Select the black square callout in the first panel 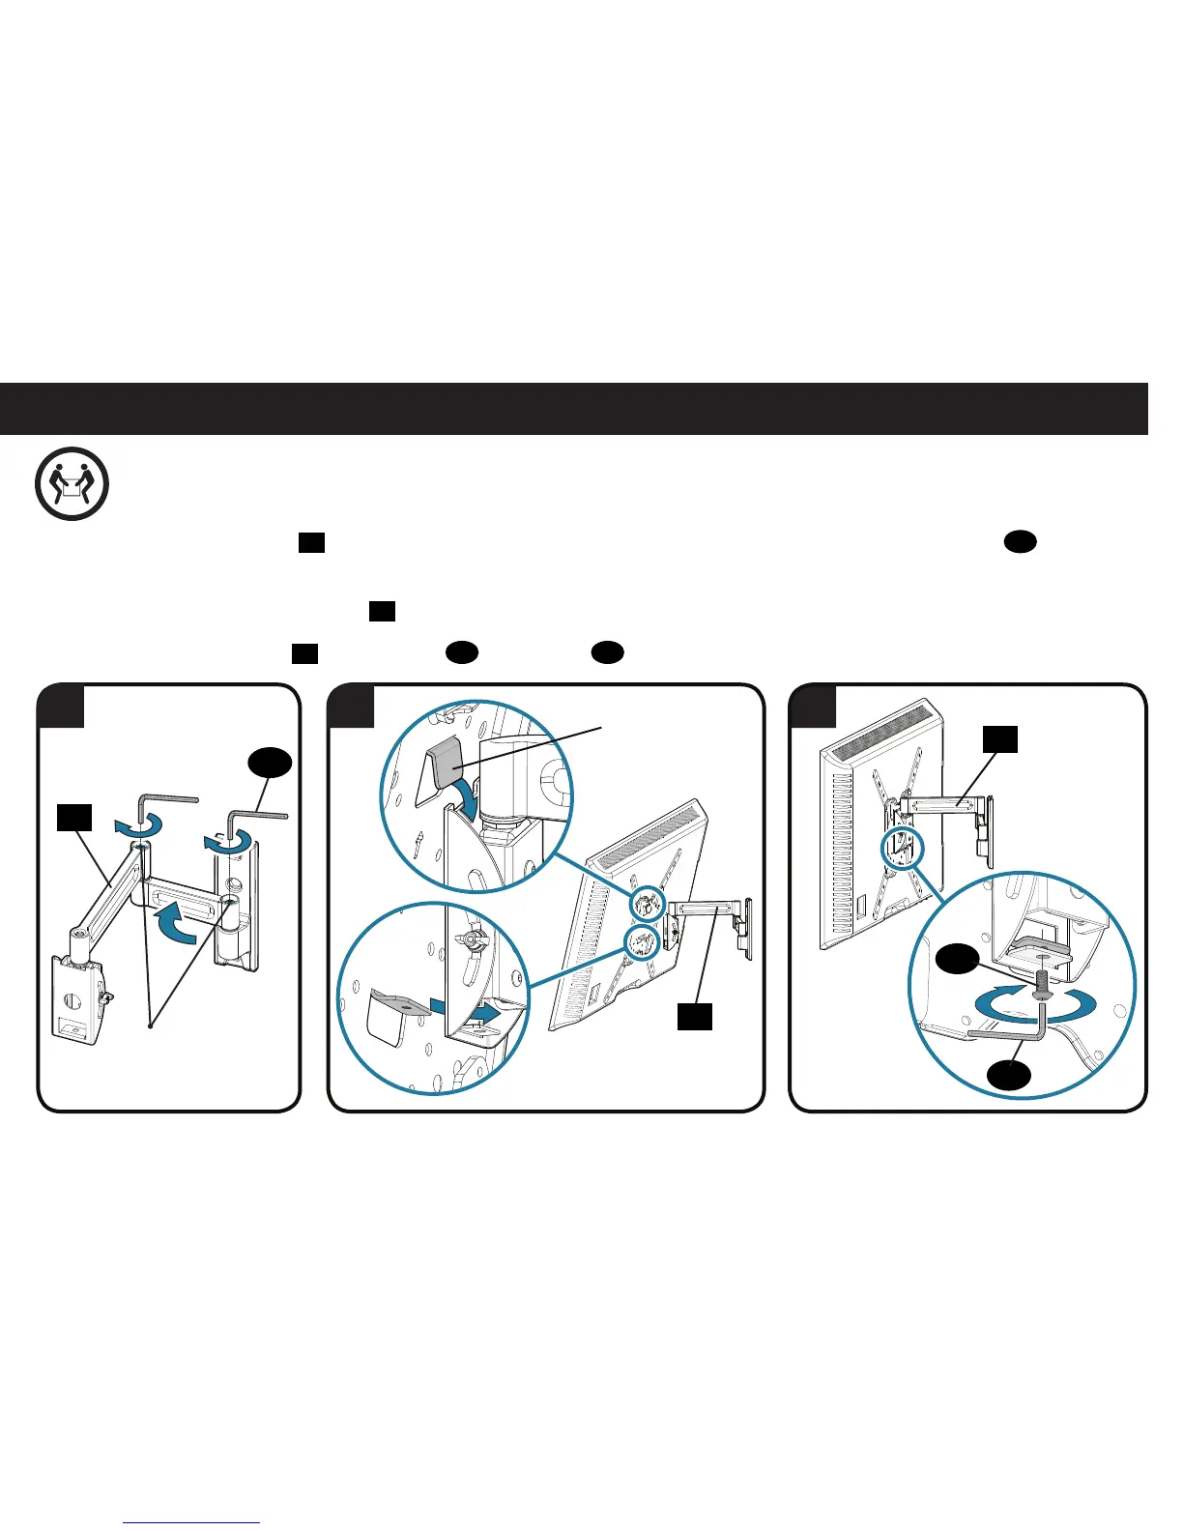74,817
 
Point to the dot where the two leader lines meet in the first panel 150,1025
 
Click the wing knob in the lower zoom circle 470,940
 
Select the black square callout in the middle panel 694,1016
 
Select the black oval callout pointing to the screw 958,963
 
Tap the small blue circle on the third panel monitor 903,852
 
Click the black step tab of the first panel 60,706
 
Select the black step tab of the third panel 813,706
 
